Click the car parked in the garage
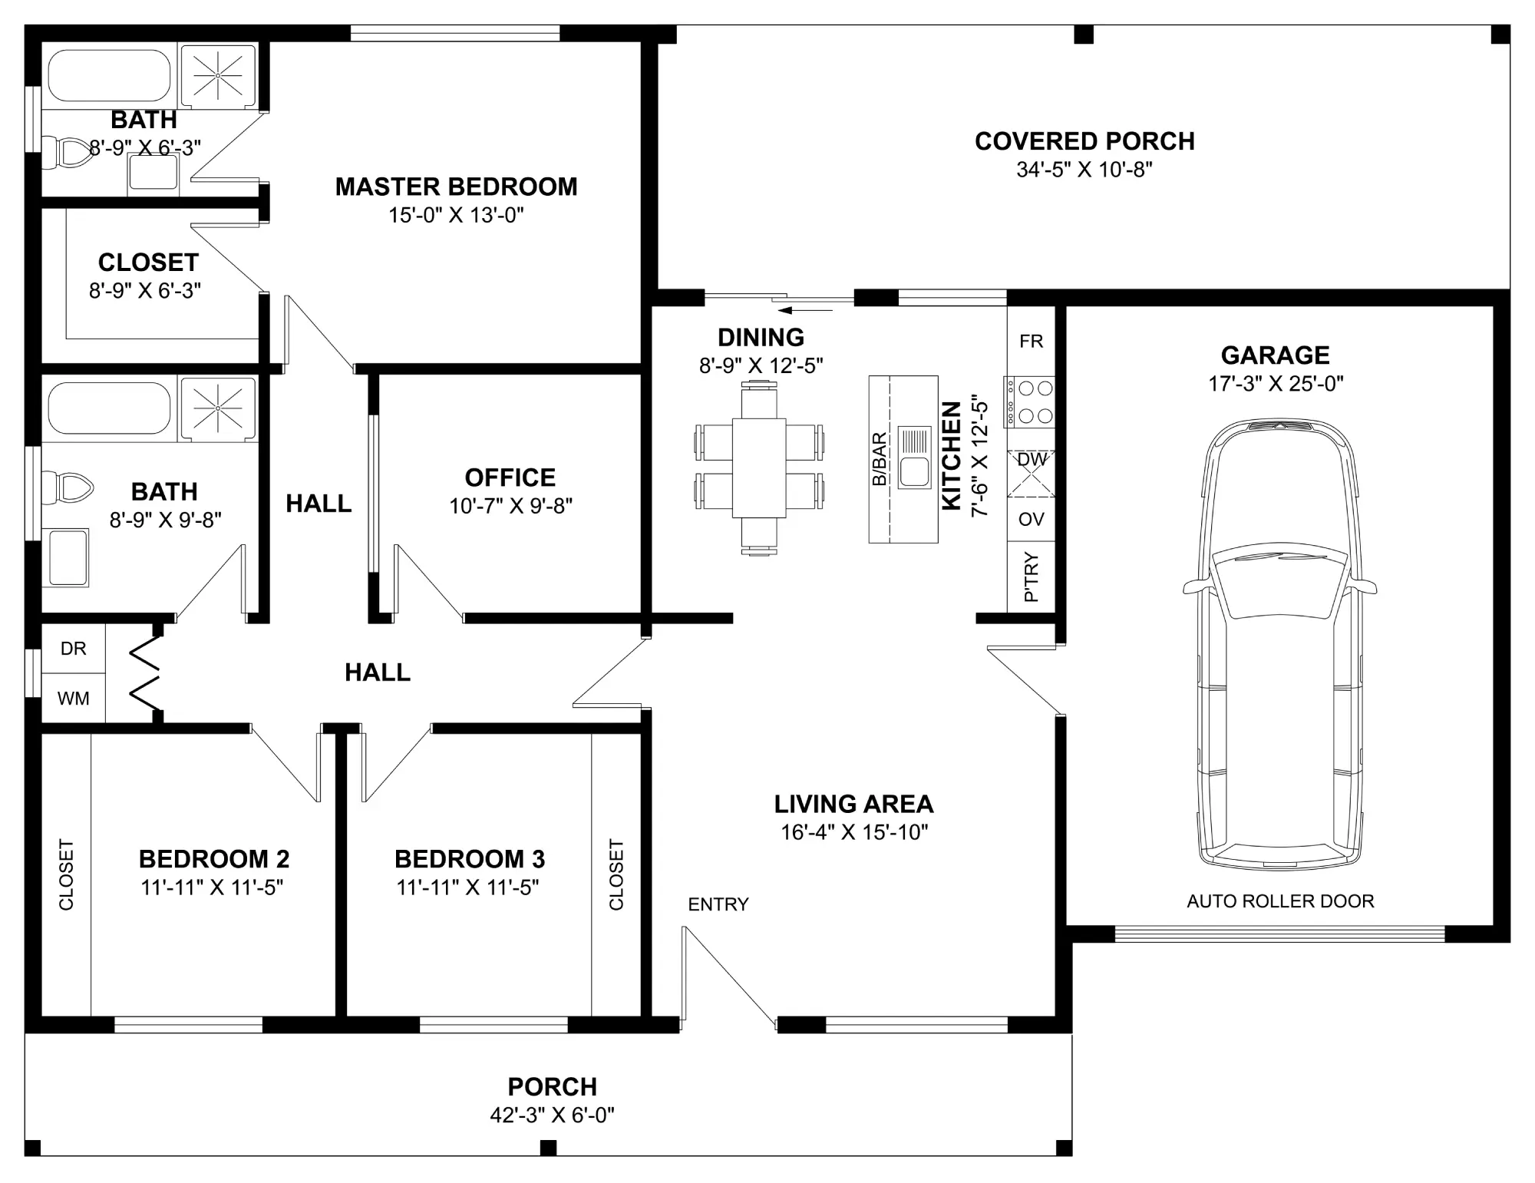pyautogui.click(x=1279, y=645)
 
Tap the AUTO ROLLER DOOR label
pyautogui.click(x=1280, y=901)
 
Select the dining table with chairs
pyautogui.click(x=759, y=468)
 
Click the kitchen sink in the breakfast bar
pyautogui.click(x=914, y=459)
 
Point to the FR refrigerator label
pyautogui.click(x=1032, y=342)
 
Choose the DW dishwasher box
pyautogui.click(x=1032, y=473)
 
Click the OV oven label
pyautogui.click(x=1032, y=520)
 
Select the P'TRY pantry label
pyautogui.click(x=1032, y=577)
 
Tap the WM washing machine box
pyautogui.click(x=73, y=699)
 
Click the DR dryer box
pyautogui.click(x=73, y=649)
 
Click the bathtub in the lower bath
pyautogui.click(x=109, y=408)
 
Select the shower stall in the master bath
pyautogui.click(x=217, y=75)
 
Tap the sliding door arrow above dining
pyautogui.click(x=805, y=311)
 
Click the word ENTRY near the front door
pyautogui.click(x=718, y=905)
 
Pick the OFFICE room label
pyautogui.click(x=510, y=477)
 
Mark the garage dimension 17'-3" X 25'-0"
pyautogui.click(x=1276, y=384)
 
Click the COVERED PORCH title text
pyautogui.click(x=1084, y=141)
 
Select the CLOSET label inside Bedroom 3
pyautogui.click(x=616, y=874)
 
